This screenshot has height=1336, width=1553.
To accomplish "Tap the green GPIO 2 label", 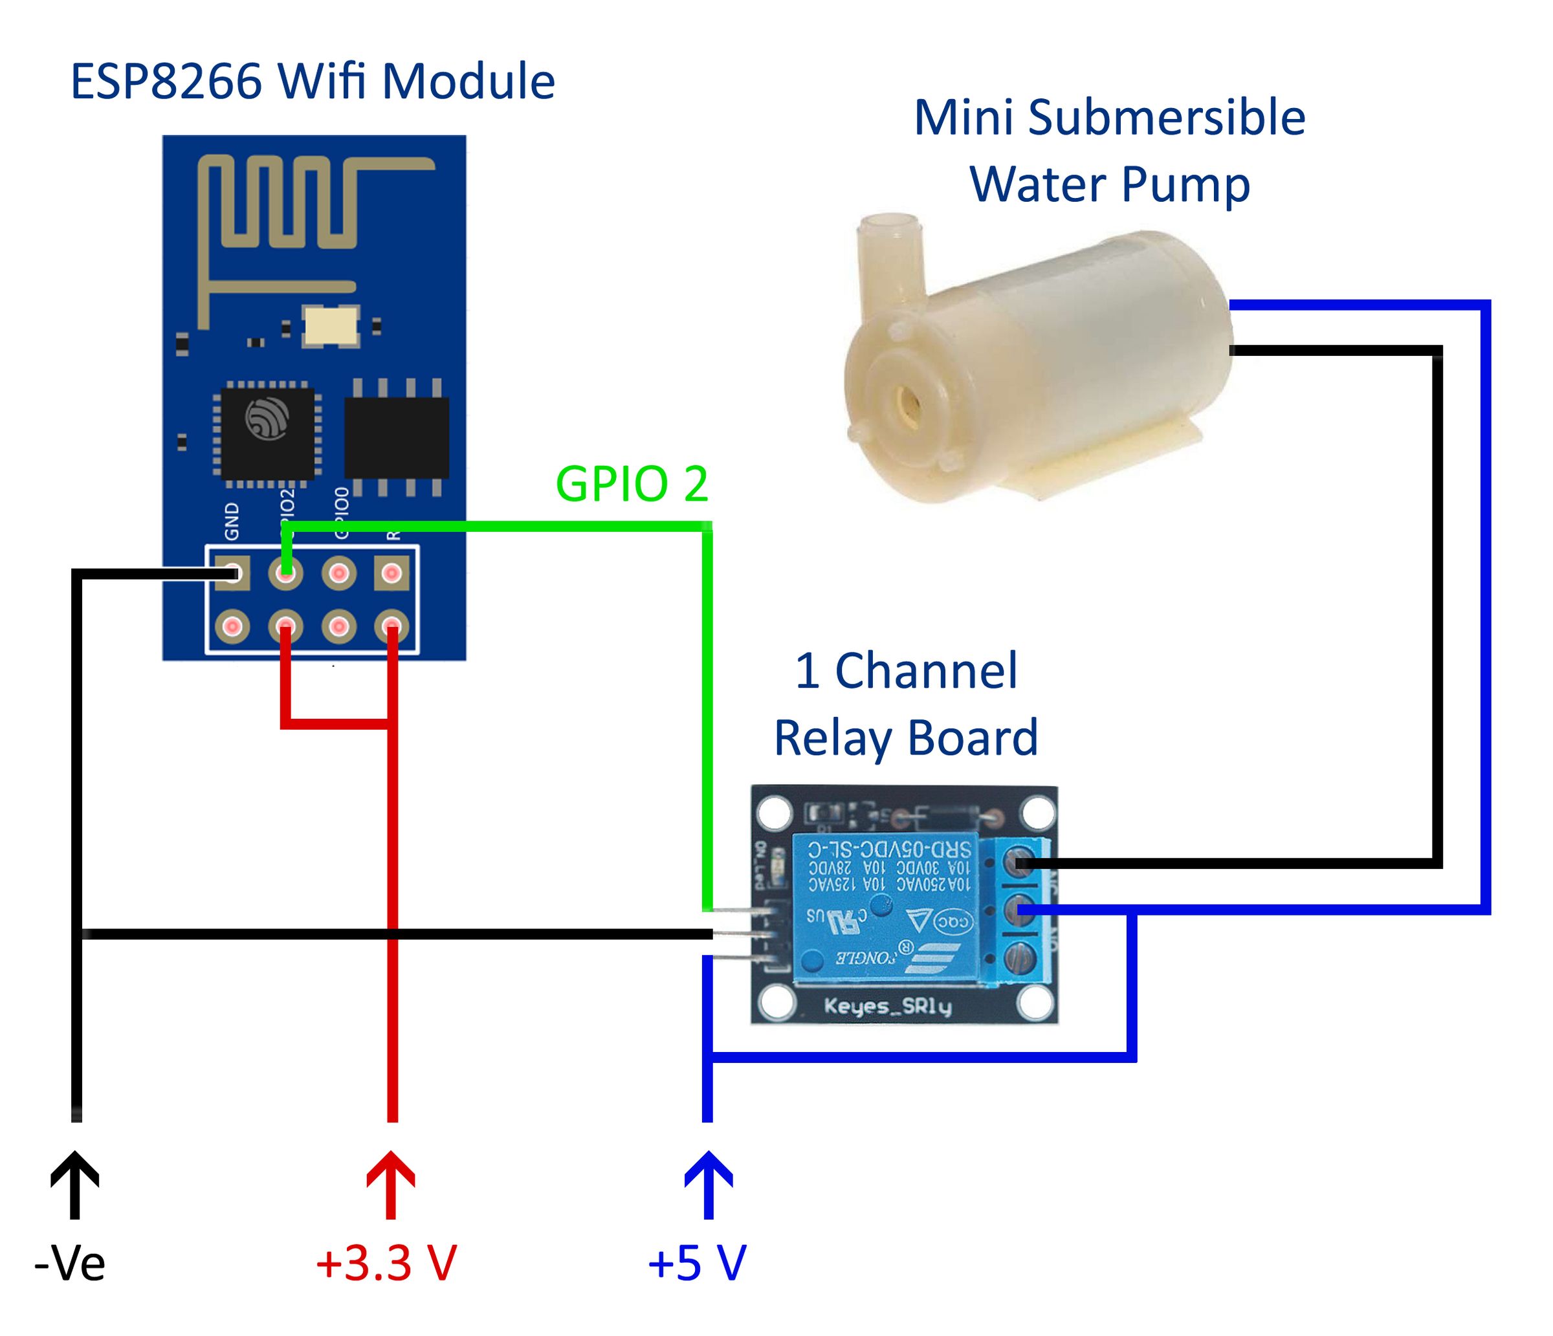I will point(631,484).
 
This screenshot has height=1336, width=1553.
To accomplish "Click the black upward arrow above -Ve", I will point(75,1184).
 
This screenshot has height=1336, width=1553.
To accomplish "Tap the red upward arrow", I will point(390,1184).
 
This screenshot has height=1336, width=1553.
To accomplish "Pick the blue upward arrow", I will point(707,1184).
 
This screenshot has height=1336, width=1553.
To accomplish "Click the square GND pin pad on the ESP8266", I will point(232,574).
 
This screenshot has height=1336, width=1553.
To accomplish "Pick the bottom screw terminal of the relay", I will point(1022,959).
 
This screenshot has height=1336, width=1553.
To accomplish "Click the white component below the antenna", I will point(331,326).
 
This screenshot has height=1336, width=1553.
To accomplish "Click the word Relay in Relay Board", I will point(832,738).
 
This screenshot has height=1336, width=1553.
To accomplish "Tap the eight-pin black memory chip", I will point(396,437).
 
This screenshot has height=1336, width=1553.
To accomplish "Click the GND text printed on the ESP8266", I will point(232,521).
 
